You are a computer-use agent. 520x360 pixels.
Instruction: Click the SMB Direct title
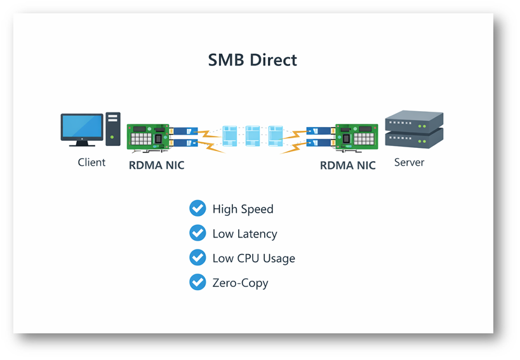[253, 60]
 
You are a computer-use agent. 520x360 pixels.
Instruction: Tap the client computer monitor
[81, 128]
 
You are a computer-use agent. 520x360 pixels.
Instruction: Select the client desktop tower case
[112, 129]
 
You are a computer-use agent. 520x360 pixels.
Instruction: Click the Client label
[91, 163]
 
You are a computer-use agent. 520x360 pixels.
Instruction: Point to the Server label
[409, 163]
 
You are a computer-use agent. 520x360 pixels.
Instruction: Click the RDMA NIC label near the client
[156, 166]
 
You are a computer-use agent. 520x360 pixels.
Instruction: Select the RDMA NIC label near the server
[347, 166]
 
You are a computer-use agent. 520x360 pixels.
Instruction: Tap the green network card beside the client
[147, 136]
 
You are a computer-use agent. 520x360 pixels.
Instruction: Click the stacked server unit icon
[414, 130]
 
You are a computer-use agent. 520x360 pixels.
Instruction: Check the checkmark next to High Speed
[197, 208]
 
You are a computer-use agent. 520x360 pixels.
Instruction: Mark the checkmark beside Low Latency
[197, 233]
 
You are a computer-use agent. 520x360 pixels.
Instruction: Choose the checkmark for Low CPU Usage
[197, 258]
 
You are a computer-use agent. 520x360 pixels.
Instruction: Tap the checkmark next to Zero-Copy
[197, 282]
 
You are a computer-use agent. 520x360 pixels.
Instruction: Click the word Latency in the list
[257, 234]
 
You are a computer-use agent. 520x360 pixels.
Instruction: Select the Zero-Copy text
[240, 283]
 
